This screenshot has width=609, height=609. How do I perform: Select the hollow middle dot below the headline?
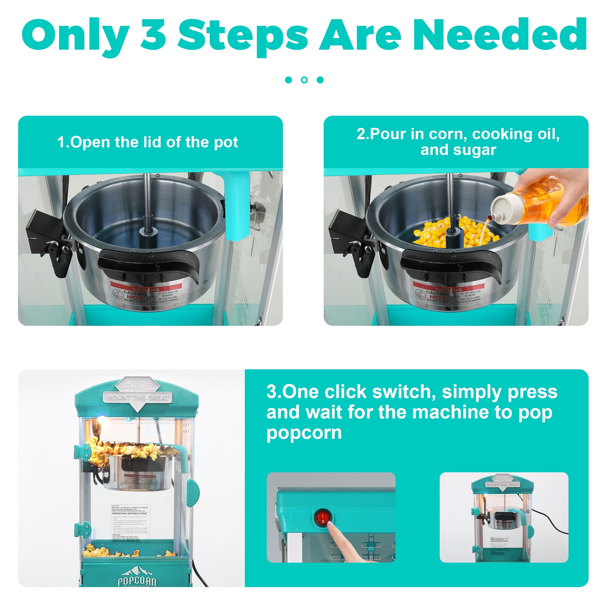click(x=304, y=80)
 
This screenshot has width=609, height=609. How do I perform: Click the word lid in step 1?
click(x=153, y=142)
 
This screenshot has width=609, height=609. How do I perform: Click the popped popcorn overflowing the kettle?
click(x=132, y=449)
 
